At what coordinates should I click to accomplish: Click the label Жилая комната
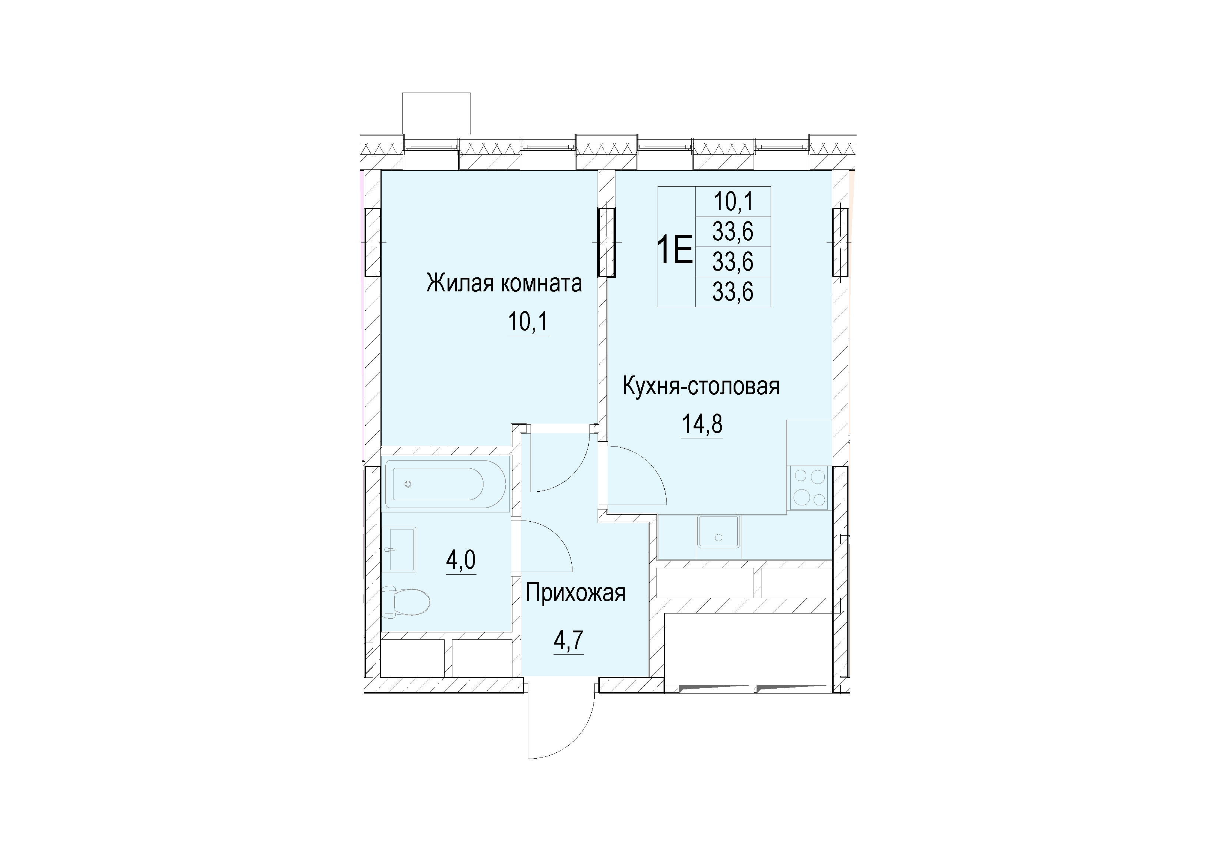504,283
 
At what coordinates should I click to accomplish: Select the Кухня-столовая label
701,386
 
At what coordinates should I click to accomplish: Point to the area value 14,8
702,425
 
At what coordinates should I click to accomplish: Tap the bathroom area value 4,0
461,561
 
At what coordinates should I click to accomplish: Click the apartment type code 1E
675,250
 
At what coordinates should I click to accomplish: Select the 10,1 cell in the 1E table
733,202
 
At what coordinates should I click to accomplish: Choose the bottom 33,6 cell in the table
733,292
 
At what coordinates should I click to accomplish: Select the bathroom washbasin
399,549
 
